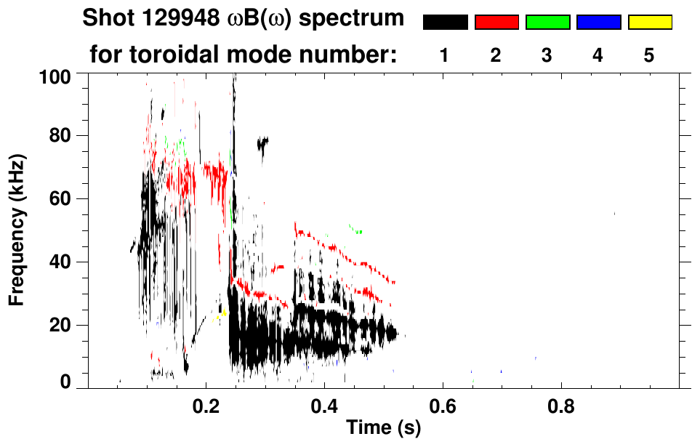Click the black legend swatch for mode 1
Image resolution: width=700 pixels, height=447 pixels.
click(x=445, y=23)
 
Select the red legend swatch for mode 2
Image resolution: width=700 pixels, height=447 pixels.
click(x=496, y=23)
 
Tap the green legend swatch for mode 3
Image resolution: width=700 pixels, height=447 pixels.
click(x=547, y=23)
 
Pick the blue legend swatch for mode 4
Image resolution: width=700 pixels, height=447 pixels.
click(x=598, y=23)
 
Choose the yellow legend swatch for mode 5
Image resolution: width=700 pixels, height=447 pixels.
click(x=650, y=23)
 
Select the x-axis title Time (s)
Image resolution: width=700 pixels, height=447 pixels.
click(x=382, y=428)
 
